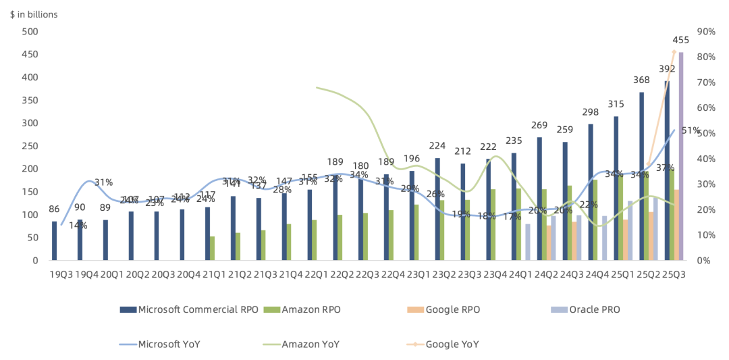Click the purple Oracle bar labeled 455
[681, 156]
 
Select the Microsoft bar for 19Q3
[55, 240]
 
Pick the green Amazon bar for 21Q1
[213, 248]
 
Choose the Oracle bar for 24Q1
[527, 242]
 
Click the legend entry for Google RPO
[452, 309]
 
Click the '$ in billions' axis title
[34, 14]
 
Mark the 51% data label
[689, 131]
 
